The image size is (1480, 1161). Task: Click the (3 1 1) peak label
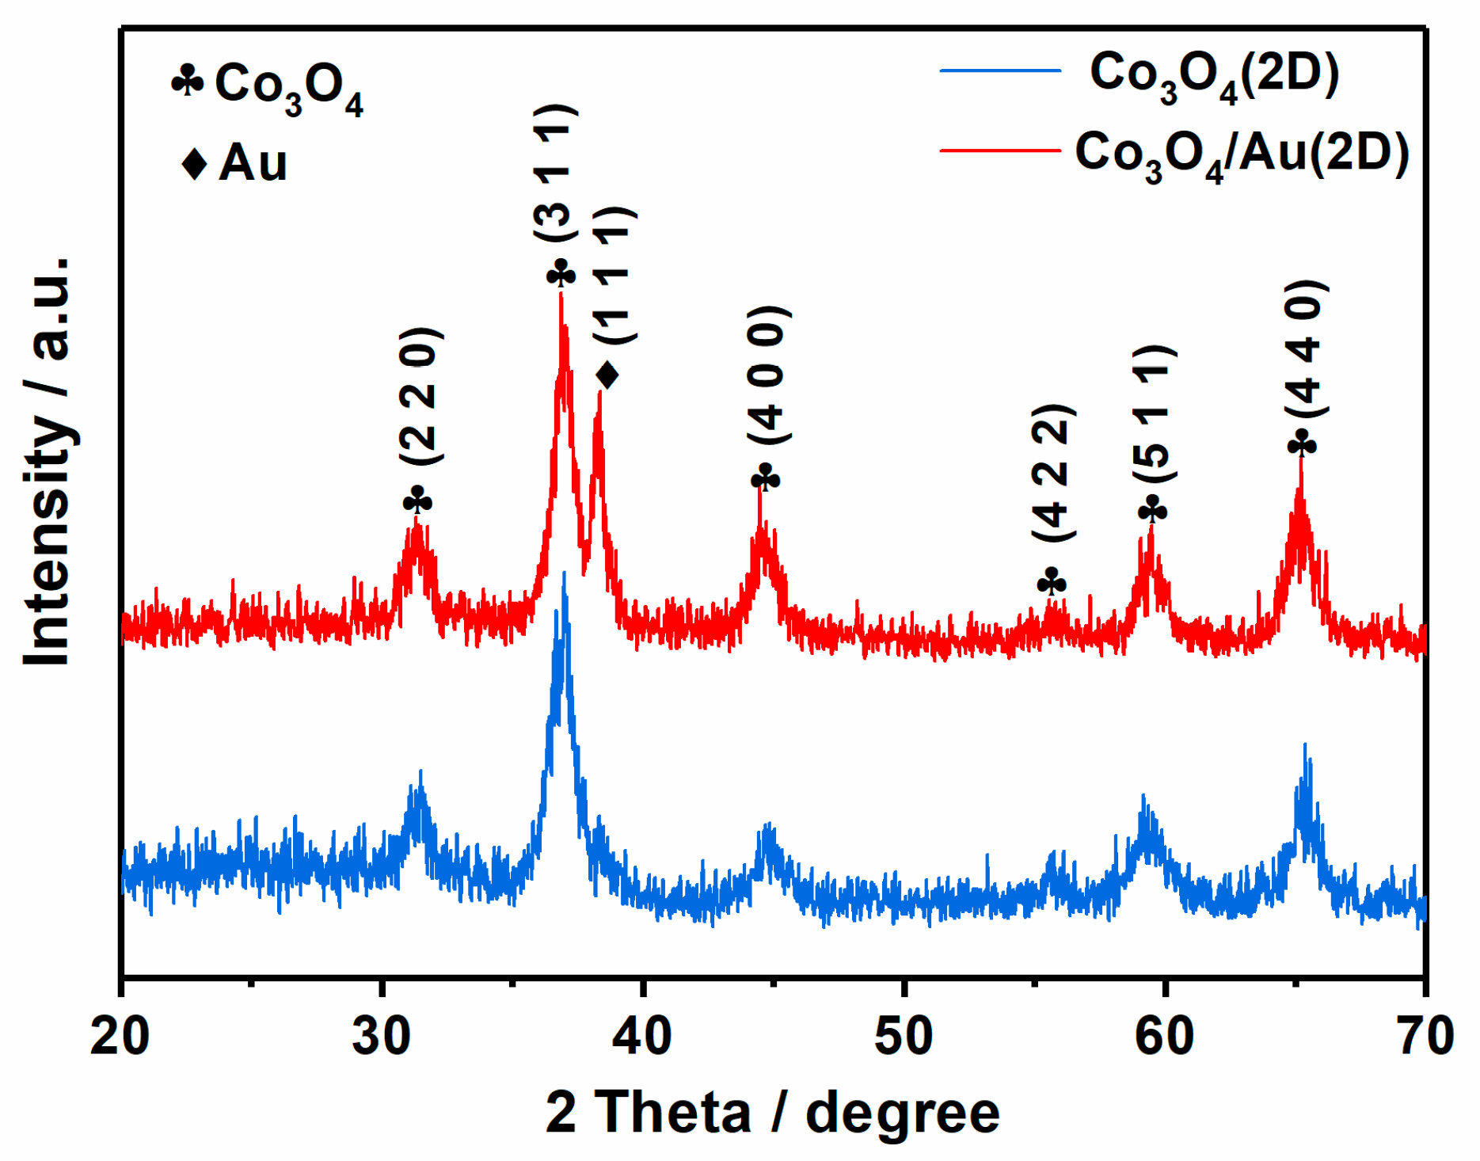click(557, 174)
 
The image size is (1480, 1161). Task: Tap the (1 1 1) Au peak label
click(615, 276)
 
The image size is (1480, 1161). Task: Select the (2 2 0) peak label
click(420, 396)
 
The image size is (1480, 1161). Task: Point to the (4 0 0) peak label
click(768, 375)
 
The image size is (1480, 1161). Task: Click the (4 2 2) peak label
click(1054, 473)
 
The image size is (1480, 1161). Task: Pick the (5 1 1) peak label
click(1155, 414)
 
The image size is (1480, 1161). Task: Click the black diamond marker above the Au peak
click(607, 375)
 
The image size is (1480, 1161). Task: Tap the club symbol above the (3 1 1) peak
click(561, 275)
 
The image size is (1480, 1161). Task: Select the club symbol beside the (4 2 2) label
click(1052, 583)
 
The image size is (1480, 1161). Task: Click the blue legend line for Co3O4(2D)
click(999, 71)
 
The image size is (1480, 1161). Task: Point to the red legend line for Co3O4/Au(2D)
click(999, 150)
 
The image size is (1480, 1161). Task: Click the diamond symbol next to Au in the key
click(194, 163)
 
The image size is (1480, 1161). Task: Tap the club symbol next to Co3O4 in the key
click(188, 82)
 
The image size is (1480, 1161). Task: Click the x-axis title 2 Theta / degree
click(772, 1113)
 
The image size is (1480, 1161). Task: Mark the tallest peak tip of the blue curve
click(564, 573)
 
